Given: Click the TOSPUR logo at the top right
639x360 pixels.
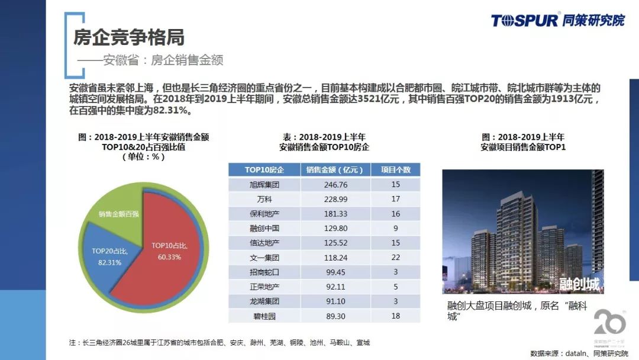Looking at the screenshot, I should tap(557, 20).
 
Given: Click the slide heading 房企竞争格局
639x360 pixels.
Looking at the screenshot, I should tap(128, 37).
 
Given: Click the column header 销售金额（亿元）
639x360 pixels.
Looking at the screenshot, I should tap(335, 170).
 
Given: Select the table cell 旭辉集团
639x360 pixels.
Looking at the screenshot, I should tap(264, 185).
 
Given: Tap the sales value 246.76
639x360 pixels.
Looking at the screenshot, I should tap(335, 185).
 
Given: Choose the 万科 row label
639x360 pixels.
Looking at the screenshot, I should tap(264, 199).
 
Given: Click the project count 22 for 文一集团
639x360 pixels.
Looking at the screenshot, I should tap(395, 258).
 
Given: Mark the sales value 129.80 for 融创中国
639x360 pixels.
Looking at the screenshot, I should tap(335, 228).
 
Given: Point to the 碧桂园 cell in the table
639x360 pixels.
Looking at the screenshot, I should tap(264, 316).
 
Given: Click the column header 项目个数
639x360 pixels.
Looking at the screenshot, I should tap(395, 170).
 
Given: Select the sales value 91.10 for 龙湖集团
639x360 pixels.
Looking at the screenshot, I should tap(335, 301).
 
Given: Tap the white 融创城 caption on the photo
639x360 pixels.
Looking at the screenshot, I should tap(579, 284).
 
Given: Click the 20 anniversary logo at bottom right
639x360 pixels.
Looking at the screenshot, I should tap(609, 326).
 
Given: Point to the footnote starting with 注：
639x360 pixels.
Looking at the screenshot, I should tap(219, 343).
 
